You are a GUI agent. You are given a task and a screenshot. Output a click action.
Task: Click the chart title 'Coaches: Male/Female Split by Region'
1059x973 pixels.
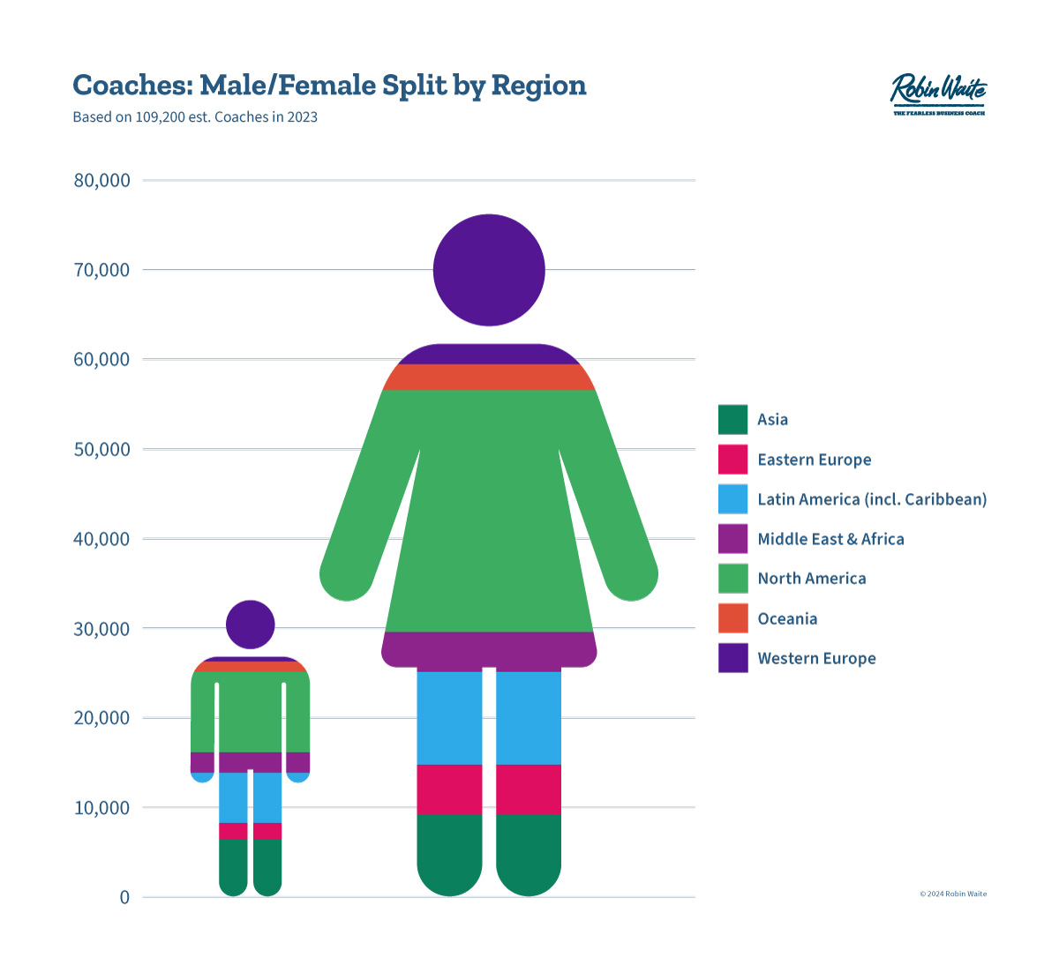coord(329,86)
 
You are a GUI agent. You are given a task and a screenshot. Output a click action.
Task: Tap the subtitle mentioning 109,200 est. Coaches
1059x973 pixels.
coord(195,117)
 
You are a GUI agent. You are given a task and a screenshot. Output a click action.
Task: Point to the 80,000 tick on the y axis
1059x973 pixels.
coord(101,181)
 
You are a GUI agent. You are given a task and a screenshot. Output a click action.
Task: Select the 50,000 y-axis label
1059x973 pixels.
coord(101,449)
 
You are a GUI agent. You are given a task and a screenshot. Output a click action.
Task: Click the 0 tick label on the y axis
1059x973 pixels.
coord(124,897)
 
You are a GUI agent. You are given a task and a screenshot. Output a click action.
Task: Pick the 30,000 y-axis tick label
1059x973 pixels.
coord(101,629)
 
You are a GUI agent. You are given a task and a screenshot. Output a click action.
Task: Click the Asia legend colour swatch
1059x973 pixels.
coord(732,420)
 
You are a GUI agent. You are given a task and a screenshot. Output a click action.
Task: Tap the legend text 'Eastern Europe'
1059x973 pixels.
coord(814,460)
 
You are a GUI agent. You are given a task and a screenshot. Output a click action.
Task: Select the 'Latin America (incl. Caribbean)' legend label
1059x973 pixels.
coord(872,499)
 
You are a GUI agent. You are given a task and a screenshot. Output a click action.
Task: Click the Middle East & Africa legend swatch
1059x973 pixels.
coord(732,539)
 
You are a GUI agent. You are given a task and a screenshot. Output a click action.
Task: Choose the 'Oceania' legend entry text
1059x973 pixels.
coord(787,618)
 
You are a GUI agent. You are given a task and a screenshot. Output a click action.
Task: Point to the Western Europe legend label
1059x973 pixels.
coord(816,658)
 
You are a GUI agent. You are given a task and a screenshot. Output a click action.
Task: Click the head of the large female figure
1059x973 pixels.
coord(489,270)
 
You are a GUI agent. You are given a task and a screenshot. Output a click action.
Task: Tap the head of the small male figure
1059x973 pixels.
coord(251,625)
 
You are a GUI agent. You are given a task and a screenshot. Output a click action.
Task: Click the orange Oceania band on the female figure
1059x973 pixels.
coord(489,377)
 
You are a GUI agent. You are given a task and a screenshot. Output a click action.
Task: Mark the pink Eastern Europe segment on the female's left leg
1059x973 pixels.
coord(449,790)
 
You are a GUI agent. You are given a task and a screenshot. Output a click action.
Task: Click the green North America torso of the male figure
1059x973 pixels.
coord(251,711)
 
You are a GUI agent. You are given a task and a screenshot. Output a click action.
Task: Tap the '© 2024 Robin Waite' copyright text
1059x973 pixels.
coord(953,894)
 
